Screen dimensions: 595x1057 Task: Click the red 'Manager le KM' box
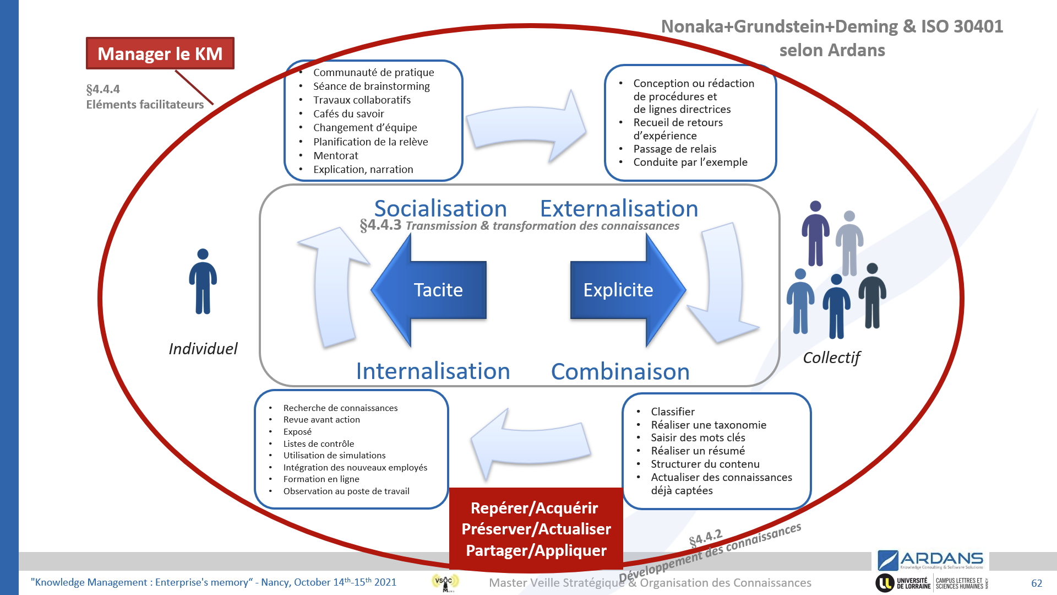160,53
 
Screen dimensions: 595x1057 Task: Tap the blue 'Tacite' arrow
429,290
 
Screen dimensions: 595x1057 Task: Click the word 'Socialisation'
440,209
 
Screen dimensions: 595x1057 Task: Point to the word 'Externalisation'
619,209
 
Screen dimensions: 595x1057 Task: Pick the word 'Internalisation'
433,371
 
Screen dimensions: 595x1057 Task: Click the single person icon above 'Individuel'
203,281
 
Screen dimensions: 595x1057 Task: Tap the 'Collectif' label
831,358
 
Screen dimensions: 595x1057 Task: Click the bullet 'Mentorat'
336,156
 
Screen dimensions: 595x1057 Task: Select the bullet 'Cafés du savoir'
348,114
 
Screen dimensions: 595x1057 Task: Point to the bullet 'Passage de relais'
674,149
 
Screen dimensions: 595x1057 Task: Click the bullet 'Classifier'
672,412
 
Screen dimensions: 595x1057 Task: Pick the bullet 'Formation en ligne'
321,479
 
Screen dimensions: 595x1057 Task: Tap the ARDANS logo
930,560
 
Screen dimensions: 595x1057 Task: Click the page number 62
1037,583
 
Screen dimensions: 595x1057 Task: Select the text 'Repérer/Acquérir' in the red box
534,508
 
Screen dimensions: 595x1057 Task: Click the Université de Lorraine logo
903,583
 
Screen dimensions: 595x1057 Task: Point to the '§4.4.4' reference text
103,89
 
